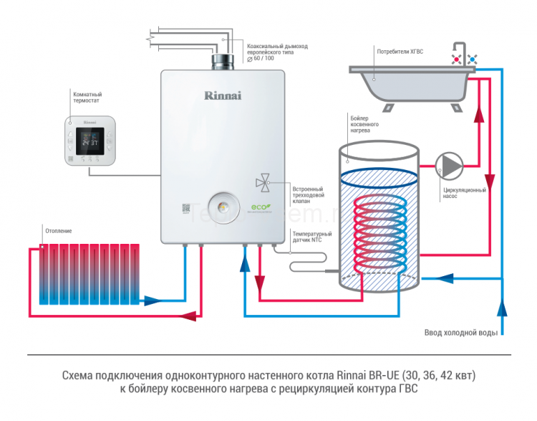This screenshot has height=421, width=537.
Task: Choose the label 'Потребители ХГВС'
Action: tap(402, 51)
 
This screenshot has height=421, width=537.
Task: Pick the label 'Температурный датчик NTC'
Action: tap(312, 237)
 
